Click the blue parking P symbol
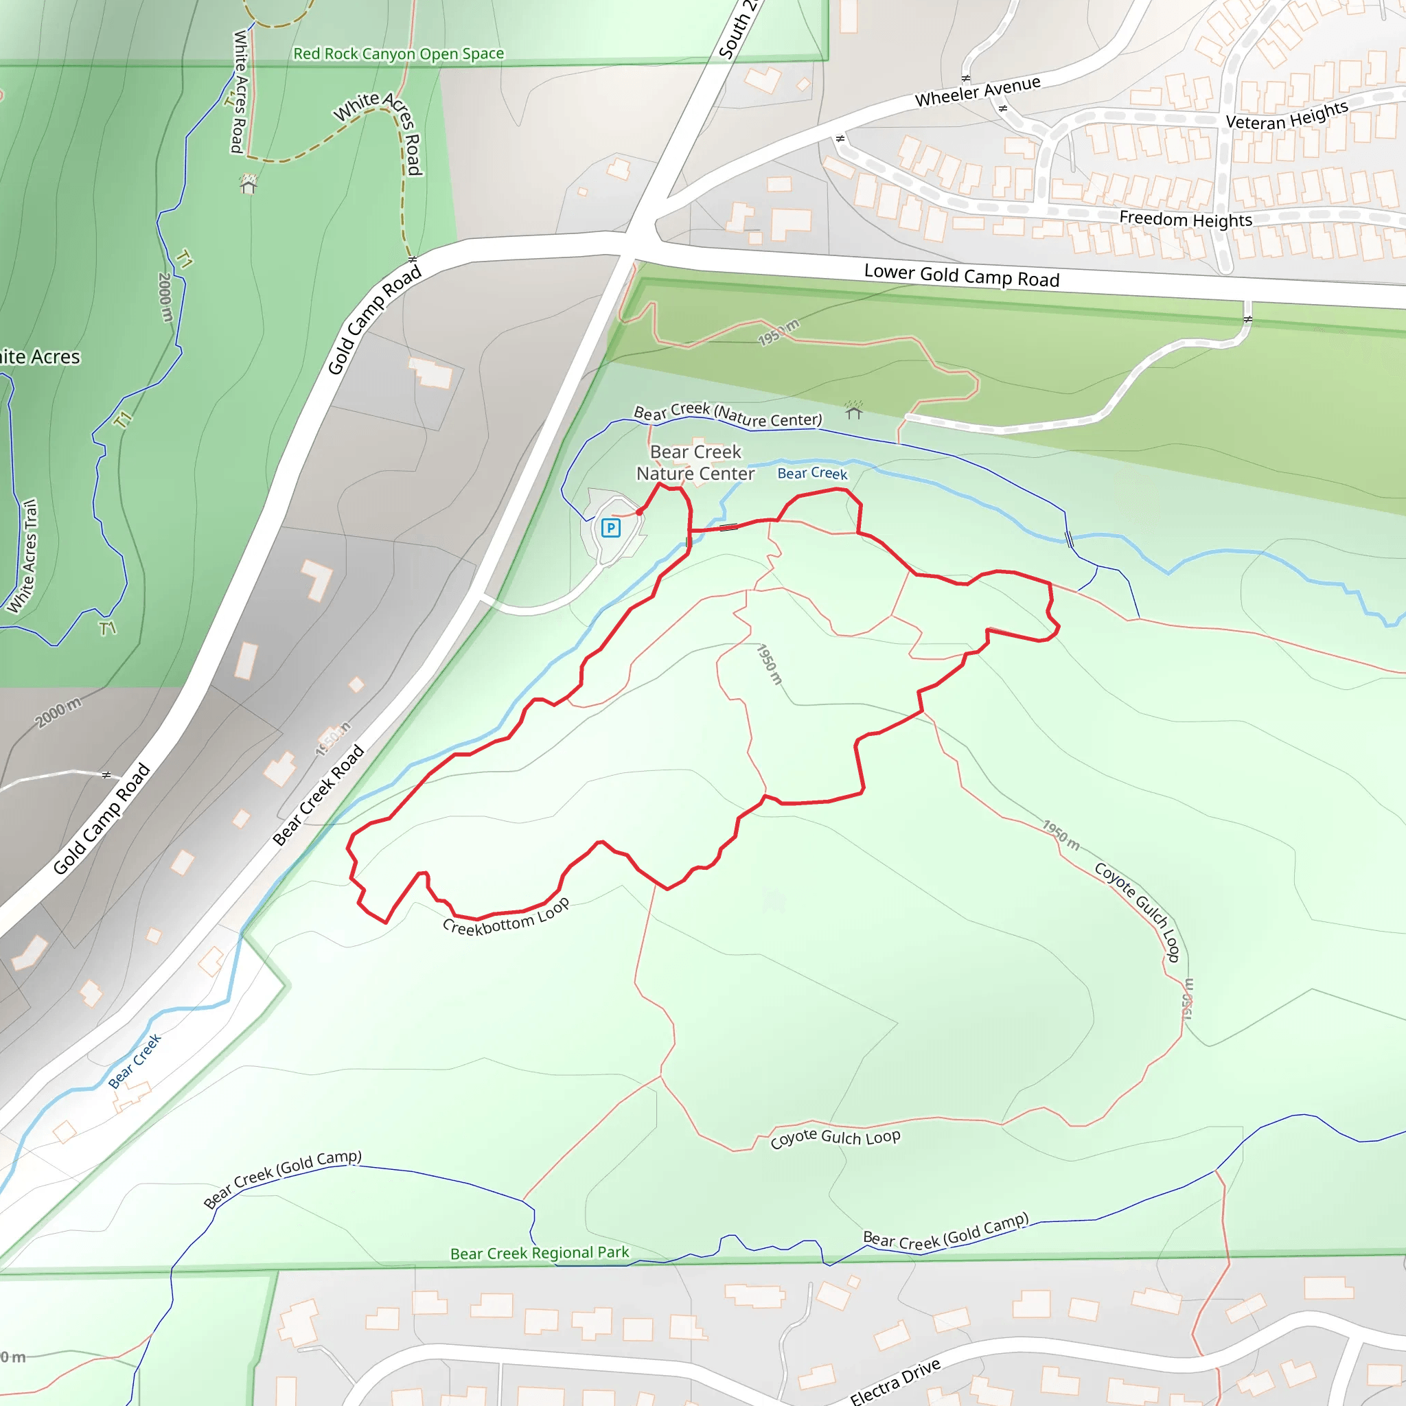pos(610,528)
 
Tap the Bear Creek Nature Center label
pos(695,463)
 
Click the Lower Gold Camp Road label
pos(960,276)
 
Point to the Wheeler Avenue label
pos(978,92)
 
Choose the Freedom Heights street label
pos(1185,218)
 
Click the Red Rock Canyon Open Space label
pos(398,54)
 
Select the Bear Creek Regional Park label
pos(539,1252)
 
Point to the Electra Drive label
pos(895,1381)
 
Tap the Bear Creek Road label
pos(319,795)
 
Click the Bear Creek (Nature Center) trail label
pos(728,415)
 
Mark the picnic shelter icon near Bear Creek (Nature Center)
pos(853,411)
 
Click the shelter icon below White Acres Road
pos(248,184)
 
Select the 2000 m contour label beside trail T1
pos(165,297)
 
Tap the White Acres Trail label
pos(23,556)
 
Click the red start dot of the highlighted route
pos(639,512)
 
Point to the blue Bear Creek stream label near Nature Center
pos(812,474)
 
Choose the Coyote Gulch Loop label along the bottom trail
pos(835,1137)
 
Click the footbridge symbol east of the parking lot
pos(728,527)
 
